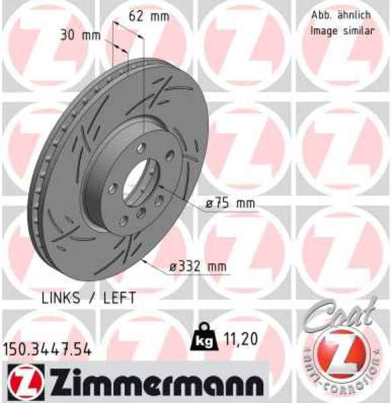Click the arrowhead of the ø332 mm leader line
[x=144, y=258]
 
